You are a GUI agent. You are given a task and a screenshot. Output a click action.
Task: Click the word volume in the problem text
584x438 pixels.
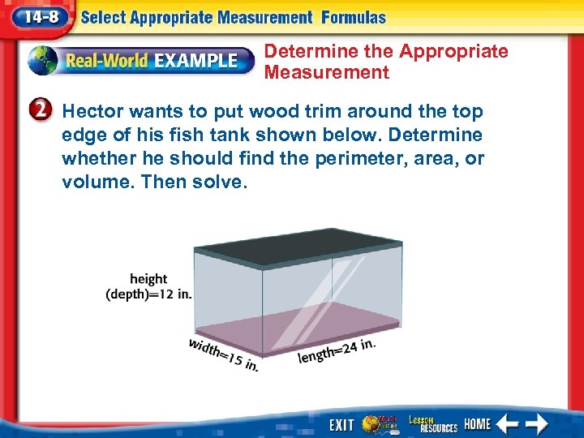[98, 182]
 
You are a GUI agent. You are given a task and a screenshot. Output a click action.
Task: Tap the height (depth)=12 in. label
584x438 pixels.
[149, 286]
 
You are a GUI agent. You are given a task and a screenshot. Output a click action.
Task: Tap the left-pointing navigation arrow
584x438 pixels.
[508, 423]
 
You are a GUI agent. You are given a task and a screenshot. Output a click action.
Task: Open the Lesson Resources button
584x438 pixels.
[433, 423]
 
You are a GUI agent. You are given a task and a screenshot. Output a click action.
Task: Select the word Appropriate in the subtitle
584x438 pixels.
[453, 52]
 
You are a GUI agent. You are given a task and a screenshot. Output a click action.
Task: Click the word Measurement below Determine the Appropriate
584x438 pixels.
[327, 73]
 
